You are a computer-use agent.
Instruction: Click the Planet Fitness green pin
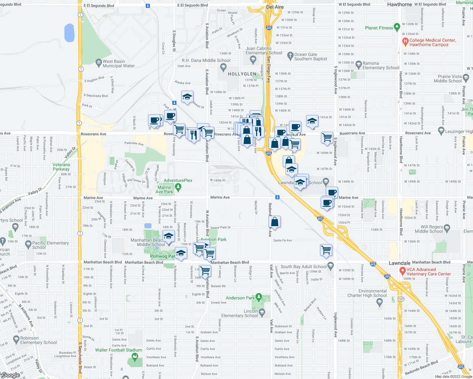[397, 27]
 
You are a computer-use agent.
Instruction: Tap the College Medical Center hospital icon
[405, 41]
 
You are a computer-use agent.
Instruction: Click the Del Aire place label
[275, 7]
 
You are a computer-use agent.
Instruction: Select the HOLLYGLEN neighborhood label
[242, 74]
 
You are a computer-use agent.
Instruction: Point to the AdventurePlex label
[178, 180]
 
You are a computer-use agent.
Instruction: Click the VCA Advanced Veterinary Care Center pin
[402, 271]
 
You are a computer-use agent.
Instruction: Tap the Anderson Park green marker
[259, 297]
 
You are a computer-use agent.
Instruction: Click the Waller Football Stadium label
[119, 350]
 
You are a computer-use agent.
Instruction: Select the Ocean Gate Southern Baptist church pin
[290, 56]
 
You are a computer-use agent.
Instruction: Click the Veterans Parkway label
[61, 167]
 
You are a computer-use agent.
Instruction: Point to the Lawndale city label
[400, 263]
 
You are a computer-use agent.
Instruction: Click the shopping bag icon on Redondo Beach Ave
[275, 222]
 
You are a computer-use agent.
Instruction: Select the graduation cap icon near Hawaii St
[187, 97]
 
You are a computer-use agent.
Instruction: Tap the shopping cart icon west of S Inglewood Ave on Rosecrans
[327, 137]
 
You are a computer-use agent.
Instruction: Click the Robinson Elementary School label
[39, 340]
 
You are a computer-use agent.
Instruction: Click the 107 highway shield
[401, 299]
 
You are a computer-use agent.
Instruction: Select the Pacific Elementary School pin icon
[28, 244]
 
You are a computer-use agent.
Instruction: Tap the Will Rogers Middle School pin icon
[447, 228]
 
